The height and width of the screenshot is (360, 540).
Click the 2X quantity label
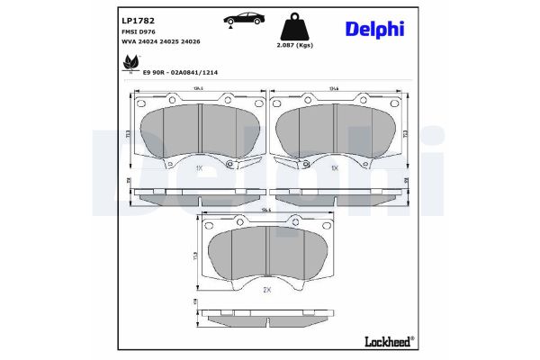pyautogui.click(x=266, y=291)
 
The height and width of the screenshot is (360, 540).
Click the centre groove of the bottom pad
pyautogui.click(x=267, y=254)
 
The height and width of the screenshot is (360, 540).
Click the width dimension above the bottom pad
pyautogui.click(x=265, y=211)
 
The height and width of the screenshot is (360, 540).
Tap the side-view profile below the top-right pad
pyautogui.click(x=336, y=192)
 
